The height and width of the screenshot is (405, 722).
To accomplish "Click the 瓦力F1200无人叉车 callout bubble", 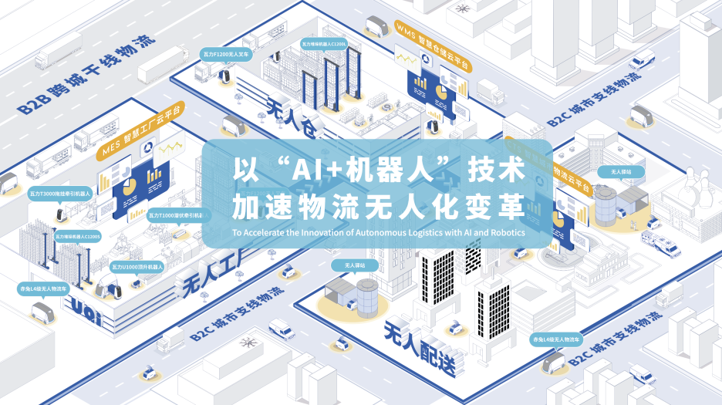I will [224, 55].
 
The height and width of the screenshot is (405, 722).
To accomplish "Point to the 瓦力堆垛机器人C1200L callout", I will [324, 45].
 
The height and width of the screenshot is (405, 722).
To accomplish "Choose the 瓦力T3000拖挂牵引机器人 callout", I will [59, 193].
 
